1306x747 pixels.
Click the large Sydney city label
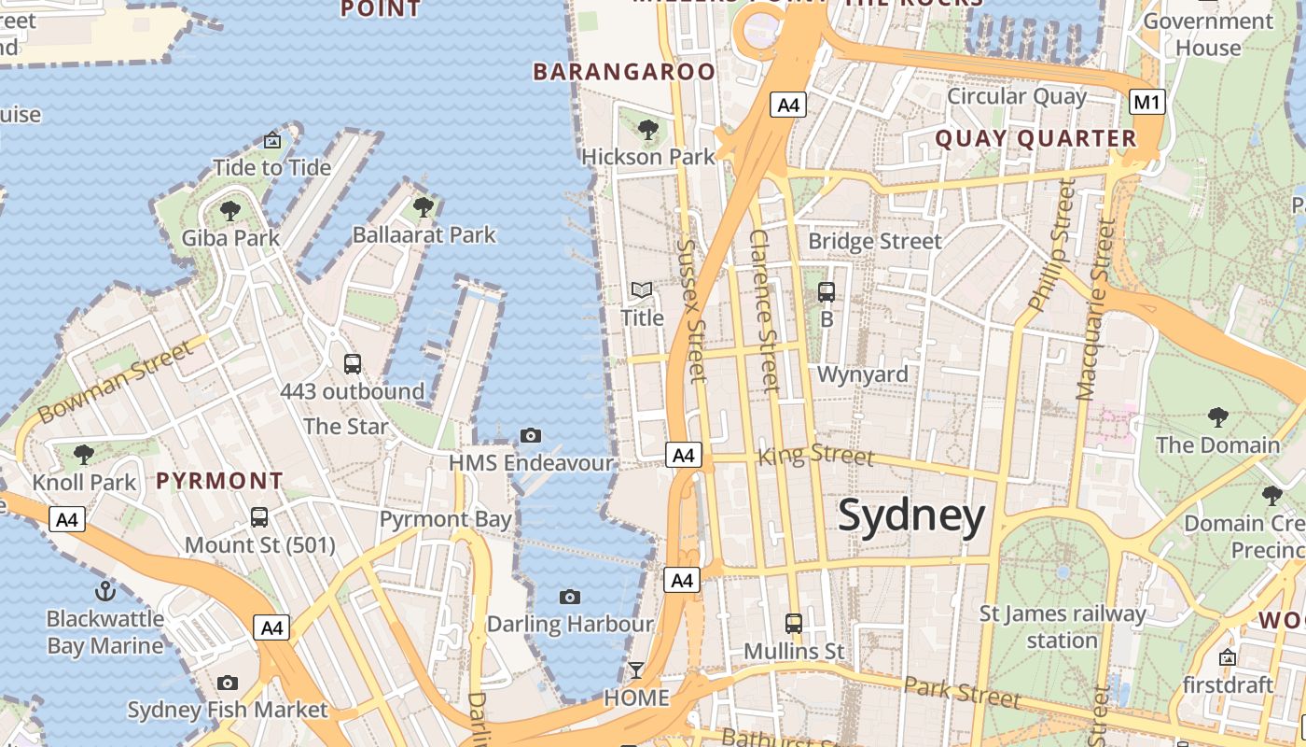(x=911, y=515)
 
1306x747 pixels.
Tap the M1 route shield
(x=1147, y=102)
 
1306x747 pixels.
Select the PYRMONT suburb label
(x=219, y=481)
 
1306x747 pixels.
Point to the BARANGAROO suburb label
(x=624, y=72)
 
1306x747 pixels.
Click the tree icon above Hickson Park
(x=648, y=129)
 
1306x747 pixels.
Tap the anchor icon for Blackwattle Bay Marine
(x=105, y=590)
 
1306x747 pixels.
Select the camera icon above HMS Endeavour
(x=531, y=435)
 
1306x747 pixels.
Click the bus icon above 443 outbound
(x=352, y=364)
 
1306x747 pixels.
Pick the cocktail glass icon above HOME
(x=636, y=669)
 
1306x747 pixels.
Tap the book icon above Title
(x=642, y=290)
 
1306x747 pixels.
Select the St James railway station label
(x=1062, y=627)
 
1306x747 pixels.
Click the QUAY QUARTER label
(x=1035, y=139)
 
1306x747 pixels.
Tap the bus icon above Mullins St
(x=794, y=623)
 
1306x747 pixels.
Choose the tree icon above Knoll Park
(x=84, y=455)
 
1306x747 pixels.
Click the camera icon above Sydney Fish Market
(x=227, y=683)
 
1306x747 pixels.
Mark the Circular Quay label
(x=1017, y=96)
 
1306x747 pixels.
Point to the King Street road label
(x=816, y=456)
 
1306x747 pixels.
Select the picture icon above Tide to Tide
(x=272, y=140)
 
